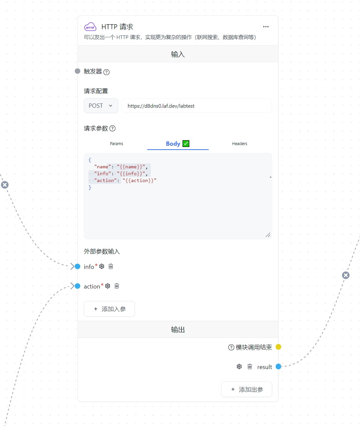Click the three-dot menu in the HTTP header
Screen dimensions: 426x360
click(x=266, y=27)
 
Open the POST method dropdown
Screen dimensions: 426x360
click(x=101, y=106)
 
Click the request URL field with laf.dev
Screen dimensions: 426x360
click(x=197, y=106)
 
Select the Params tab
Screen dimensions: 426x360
click(x=116, y=144)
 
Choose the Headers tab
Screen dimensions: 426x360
click(x=239, y=144)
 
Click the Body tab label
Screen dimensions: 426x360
click(x=173, y=144)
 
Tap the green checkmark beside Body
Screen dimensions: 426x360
click(x=186, y=144)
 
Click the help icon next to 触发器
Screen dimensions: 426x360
click(x=106, y=72)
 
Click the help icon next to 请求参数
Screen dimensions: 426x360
click(x=112, y=128)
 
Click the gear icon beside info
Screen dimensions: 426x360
click(x=102, y=267)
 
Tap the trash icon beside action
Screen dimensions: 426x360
click(x=117, y=286)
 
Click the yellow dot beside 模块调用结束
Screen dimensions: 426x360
click(x=278, y=347)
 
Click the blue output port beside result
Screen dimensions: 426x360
click(x=278, y=366)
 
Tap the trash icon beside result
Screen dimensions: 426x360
click(x=250, y=367)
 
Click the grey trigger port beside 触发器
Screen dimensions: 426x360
click(x=77, y=71)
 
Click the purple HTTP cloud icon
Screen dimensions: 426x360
click(x=90, y=27)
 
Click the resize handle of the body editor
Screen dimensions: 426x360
click(x=268, y=235)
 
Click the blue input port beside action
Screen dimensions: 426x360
click(x=78, y=286)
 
